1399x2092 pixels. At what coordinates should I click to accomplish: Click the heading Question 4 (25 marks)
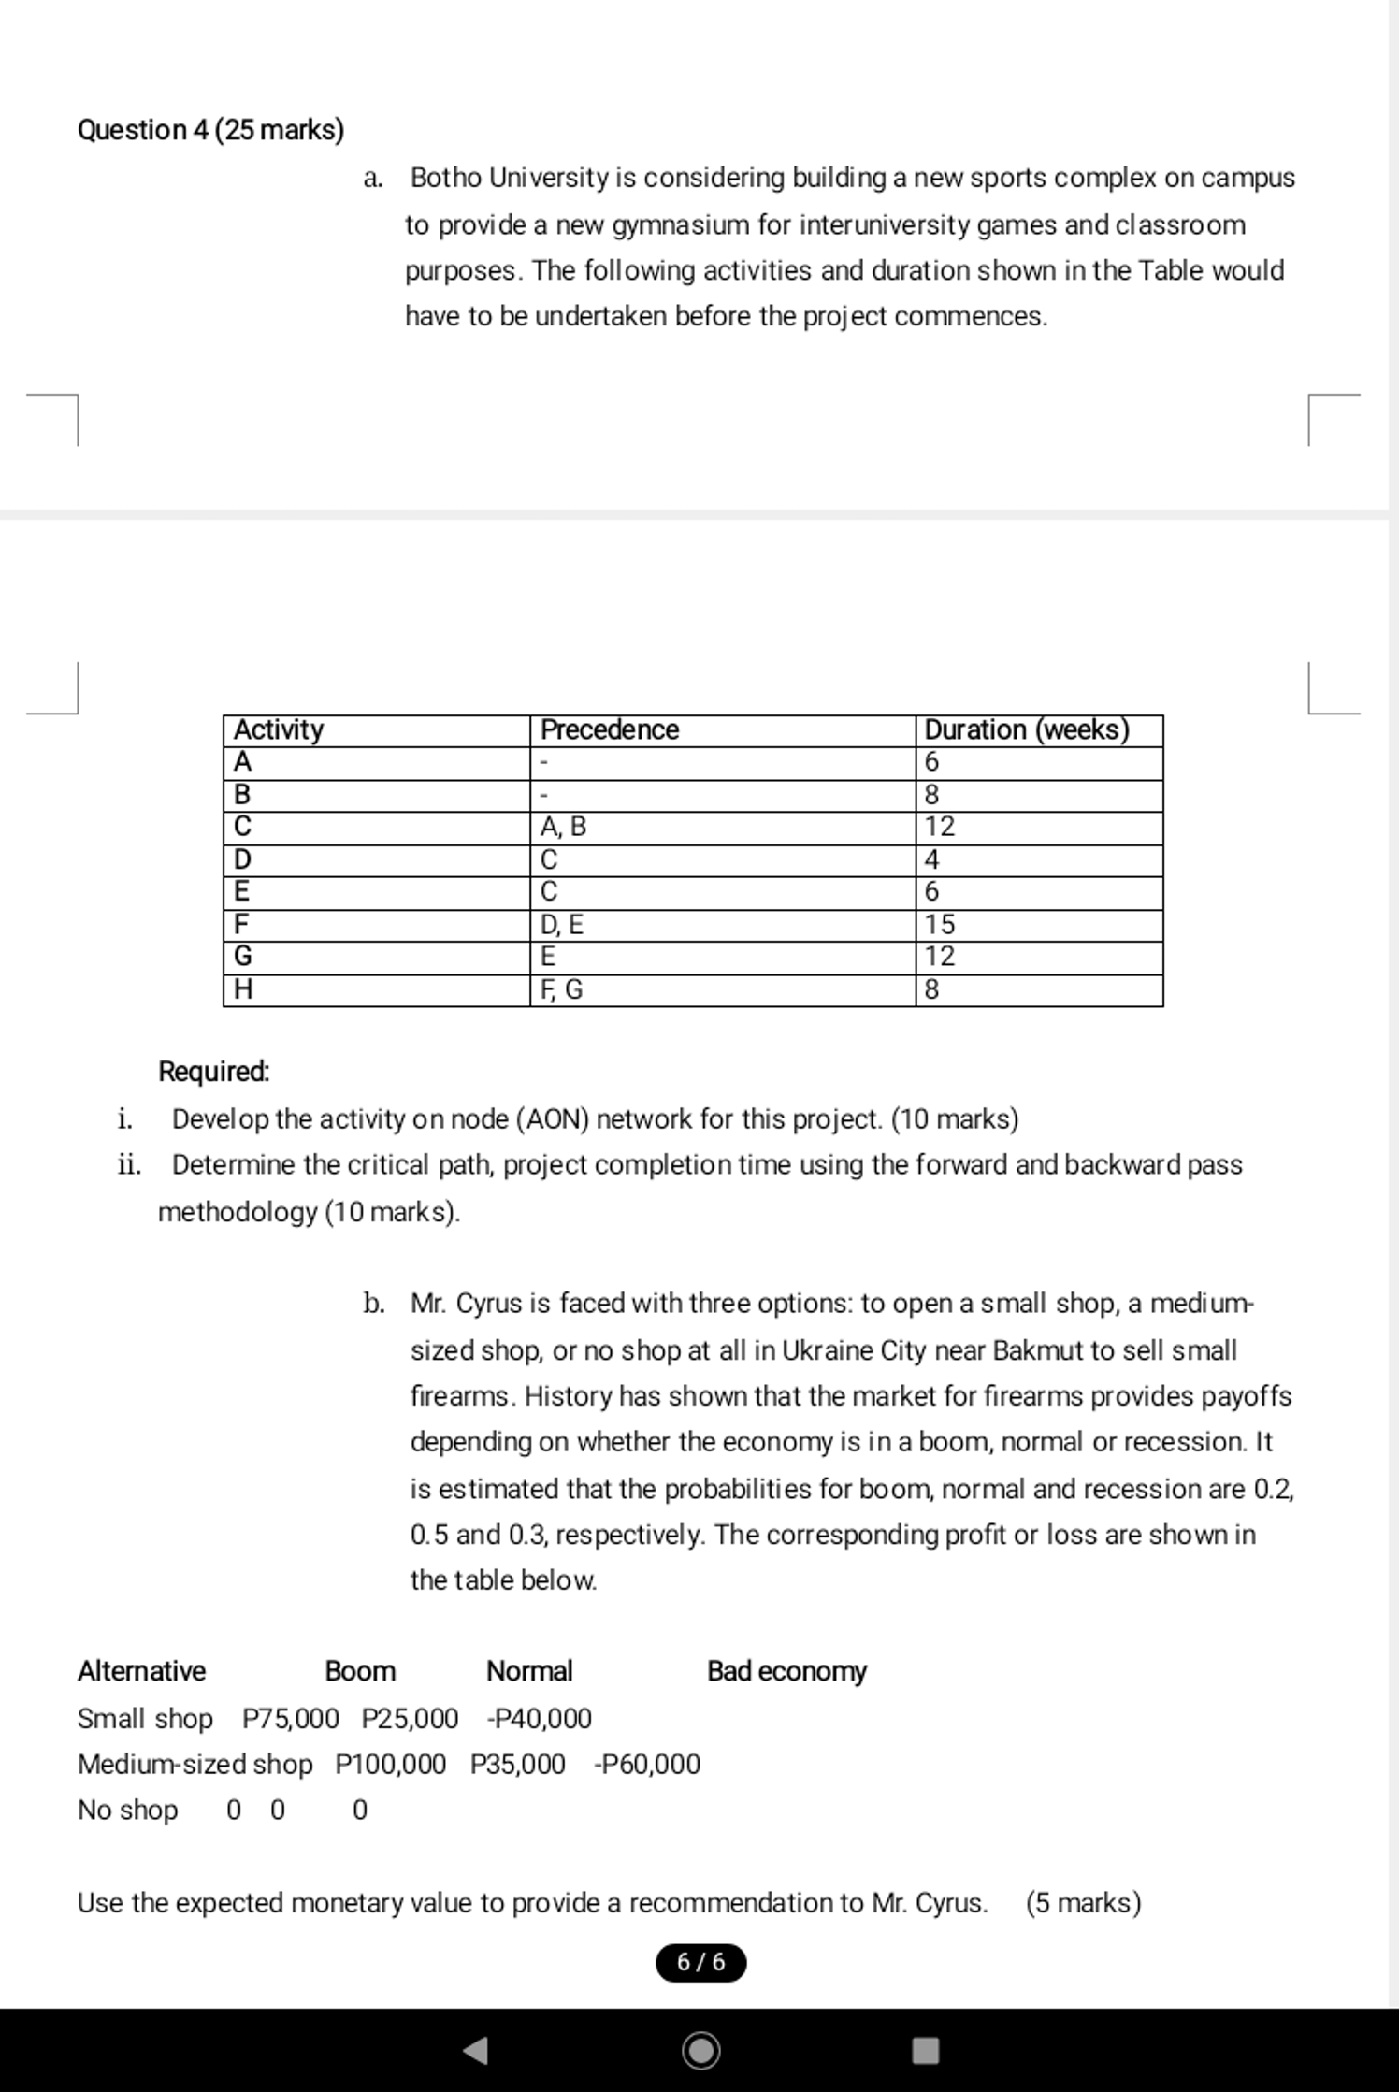point(210,129)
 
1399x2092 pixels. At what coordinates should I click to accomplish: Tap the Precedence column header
point(609,729)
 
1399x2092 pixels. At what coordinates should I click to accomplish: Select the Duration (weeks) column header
point(1026,729)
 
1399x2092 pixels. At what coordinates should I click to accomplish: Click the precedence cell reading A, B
point(564,827)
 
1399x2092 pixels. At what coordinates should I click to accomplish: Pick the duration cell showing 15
point(940,924)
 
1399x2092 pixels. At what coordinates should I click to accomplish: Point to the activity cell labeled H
point(243,989)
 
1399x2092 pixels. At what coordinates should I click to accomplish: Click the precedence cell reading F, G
point(561,989)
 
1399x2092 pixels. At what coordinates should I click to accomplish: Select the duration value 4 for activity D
point(931,859)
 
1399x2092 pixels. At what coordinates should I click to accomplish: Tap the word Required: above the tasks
point(213,1072)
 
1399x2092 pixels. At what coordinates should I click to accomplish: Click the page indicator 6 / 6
point(700,1962)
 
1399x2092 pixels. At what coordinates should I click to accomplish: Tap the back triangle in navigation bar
point(476,2050)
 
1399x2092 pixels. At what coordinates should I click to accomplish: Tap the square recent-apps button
point(925,2050)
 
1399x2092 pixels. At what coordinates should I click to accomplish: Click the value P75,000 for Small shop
point(290,1719)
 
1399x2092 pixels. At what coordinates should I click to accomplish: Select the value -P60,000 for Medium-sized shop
point(646,1765)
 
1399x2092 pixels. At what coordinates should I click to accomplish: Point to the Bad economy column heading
point(786,1671)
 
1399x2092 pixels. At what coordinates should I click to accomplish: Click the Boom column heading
point(360,1671)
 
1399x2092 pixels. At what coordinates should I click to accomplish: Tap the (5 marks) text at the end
point(1083,1903)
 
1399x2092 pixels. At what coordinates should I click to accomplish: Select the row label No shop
point(127,1811)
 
